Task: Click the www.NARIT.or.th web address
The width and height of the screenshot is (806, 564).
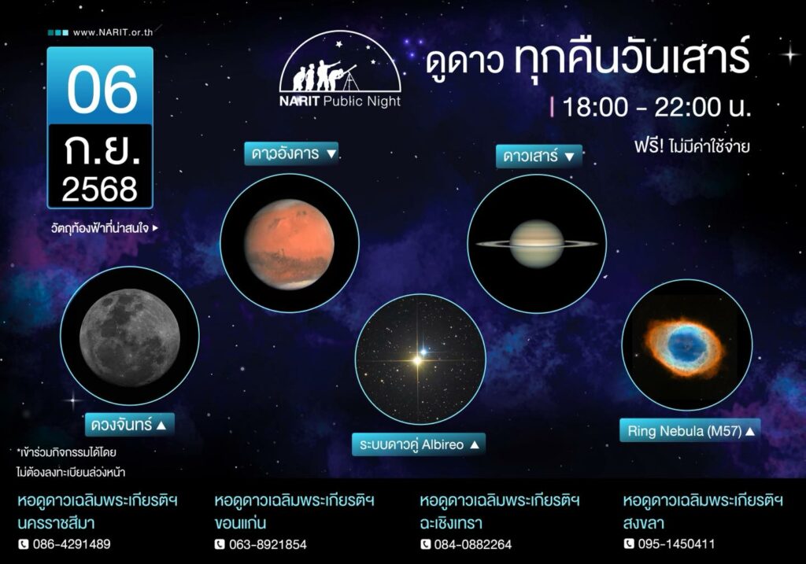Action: click(x=113, y=32)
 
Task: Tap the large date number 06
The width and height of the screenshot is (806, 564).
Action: click(x=102, y=90)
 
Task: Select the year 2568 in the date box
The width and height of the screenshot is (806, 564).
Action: click(x=100, y=189)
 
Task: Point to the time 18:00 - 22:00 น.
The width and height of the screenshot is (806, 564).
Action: click(x=656, y=107)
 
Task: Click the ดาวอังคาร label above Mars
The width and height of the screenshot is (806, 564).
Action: click(x=291, y=153)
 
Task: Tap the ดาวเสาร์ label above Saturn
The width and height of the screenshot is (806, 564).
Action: click(x=538, y=156)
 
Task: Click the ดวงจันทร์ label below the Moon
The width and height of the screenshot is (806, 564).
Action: click(x=130, y=425)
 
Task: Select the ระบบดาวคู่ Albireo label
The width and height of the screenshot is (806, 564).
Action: click(x=419, y=444)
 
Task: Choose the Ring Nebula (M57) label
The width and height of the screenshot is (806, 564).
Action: click(x=690, y=430)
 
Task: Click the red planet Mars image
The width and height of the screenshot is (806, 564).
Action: click(x=290, y=244)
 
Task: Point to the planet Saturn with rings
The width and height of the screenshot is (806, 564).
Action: click(x=537, y=244)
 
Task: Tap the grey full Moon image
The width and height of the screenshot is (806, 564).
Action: click(x=130, y=337)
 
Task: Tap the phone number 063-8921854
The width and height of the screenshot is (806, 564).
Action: click(x=268, y=544)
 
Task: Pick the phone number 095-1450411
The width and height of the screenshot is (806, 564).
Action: click(x=676, y=544)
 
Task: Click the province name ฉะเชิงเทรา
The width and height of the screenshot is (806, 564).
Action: click(x=451, y=523)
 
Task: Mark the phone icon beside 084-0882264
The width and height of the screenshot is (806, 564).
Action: click(x=425, y=544)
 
